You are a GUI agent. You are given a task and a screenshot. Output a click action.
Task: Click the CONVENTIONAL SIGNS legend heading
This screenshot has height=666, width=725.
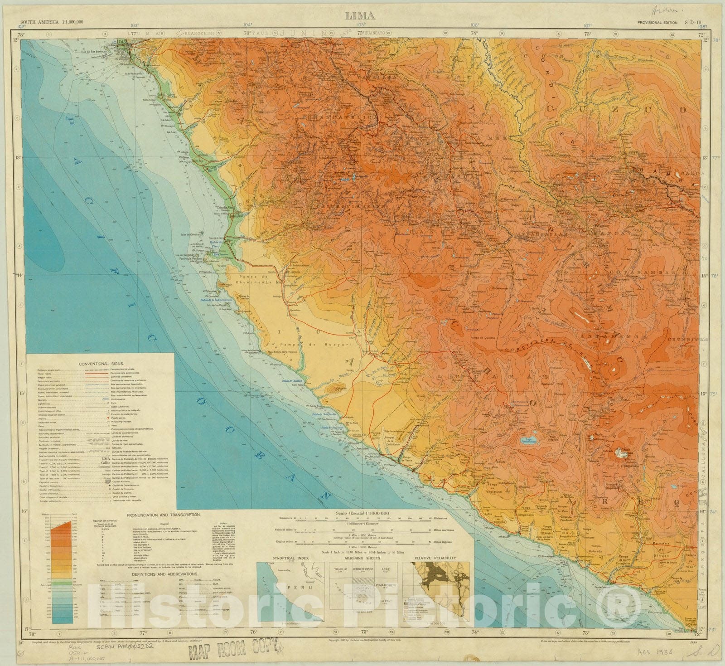(x=100, y=364)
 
